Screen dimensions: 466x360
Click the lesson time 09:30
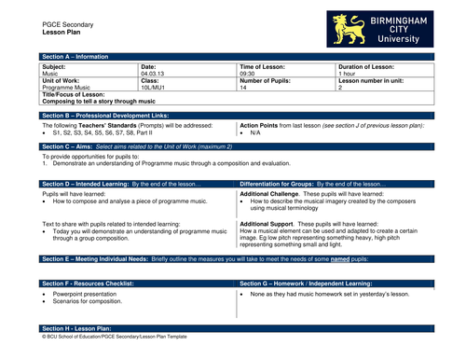pos(247,74)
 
